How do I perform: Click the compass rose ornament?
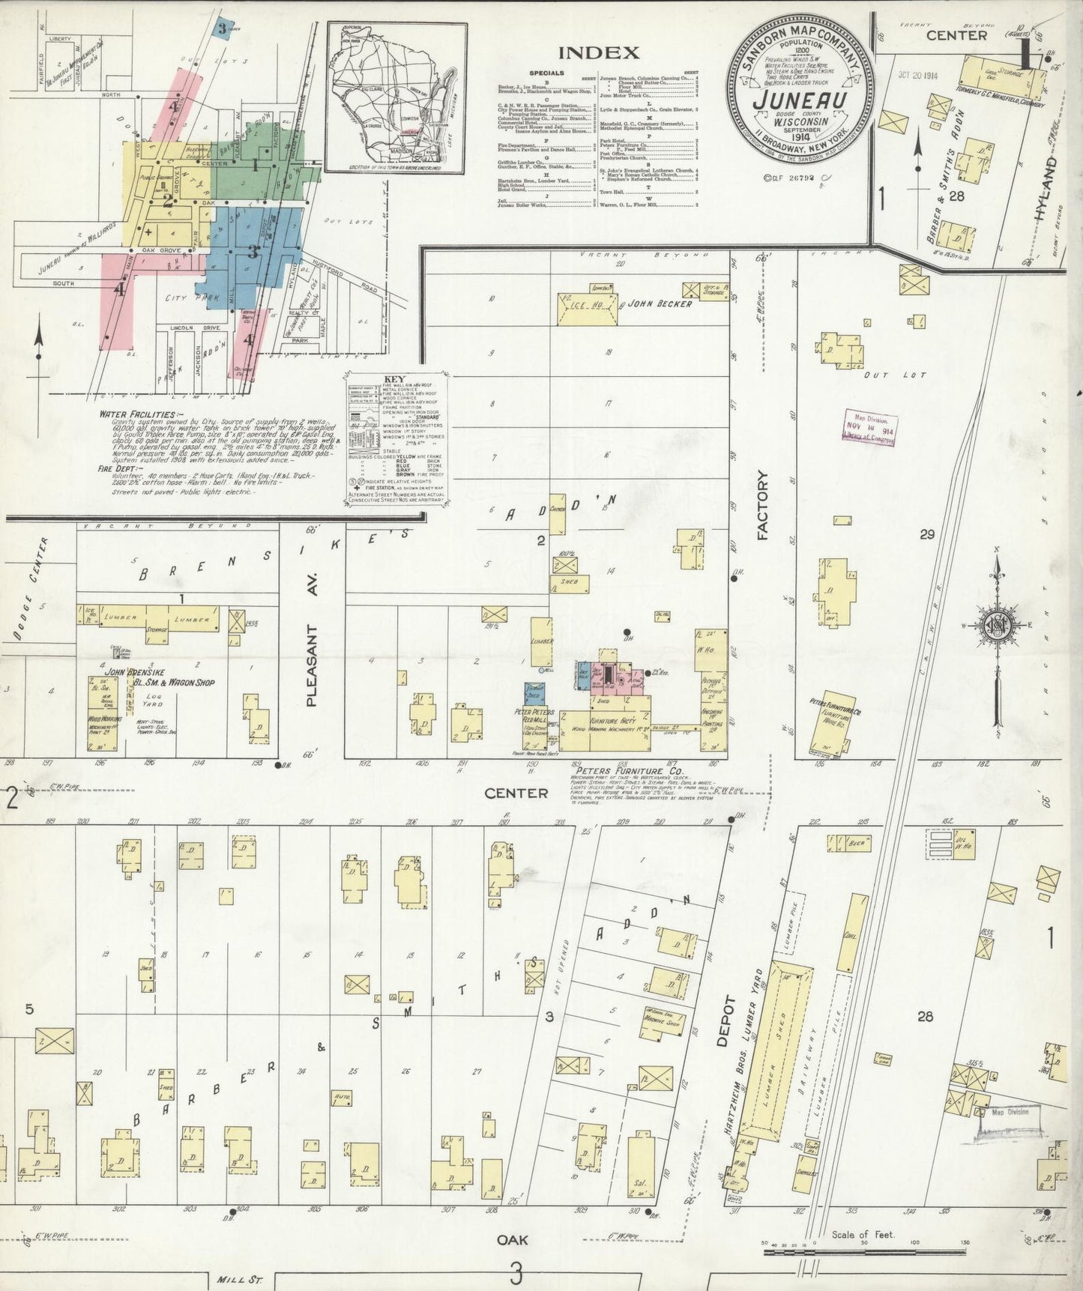pyautogui.click(x=999, y=626)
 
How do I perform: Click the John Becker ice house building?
pyautogui.click(x=587, y=309)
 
